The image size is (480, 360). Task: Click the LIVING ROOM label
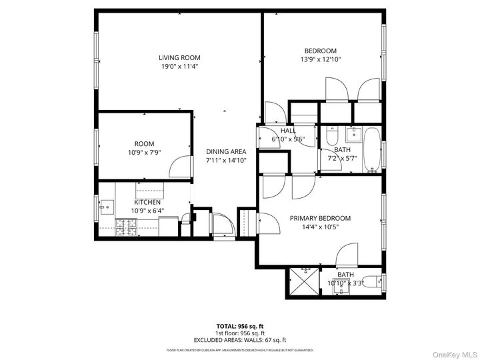click(179, 58)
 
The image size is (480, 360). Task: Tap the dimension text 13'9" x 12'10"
click(321, 59)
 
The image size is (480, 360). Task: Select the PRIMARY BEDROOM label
click(320, 218)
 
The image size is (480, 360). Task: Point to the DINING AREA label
click(226, 151)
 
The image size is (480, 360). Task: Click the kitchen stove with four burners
click(125, 228)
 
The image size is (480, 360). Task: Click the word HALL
click(288, 131)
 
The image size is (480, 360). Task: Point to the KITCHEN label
click(147, 202)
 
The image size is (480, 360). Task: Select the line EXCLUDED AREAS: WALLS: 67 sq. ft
click(240, 340)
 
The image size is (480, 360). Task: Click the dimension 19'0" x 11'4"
click(179, 67)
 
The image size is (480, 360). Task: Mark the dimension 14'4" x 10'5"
click(320, 227)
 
